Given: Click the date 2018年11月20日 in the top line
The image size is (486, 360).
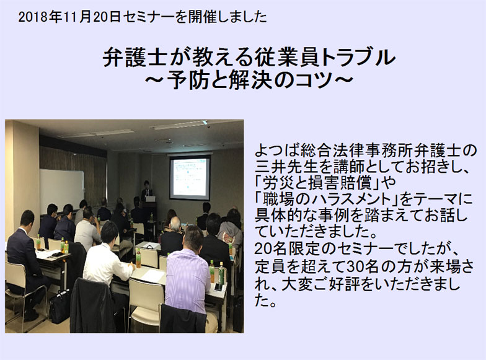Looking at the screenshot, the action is coord(69,17).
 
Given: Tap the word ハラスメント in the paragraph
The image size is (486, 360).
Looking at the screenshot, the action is coord(329,200).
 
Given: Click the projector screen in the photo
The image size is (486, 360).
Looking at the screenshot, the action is coord(190,177).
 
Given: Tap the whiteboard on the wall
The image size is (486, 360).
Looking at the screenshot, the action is coord(61,191).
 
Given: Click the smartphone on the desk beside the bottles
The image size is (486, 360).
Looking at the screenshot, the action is coord(218,286).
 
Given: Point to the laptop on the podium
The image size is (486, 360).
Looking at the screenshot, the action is coord(150,198).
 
